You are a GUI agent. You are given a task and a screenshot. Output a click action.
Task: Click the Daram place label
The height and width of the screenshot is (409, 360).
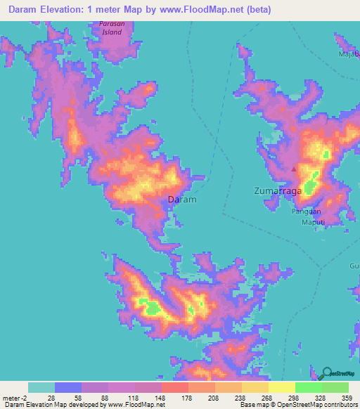tap(182, 200)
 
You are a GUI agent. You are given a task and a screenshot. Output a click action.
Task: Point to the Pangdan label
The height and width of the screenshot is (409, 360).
tap(306, 212)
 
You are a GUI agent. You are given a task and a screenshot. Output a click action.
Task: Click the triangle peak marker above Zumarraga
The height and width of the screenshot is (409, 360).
tap(295, 169)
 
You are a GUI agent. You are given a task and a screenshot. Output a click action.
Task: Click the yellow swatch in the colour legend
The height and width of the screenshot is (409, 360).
tap(281, 387)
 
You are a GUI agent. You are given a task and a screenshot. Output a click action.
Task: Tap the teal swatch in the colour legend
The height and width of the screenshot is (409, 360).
tap(41, 387)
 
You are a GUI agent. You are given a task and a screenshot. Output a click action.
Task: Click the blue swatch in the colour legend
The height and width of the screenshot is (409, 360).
tap(68, 387)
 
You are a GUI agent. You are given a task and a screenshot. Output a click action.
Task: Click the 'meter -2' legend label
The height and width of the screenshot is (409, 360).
tap(15, 398)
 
